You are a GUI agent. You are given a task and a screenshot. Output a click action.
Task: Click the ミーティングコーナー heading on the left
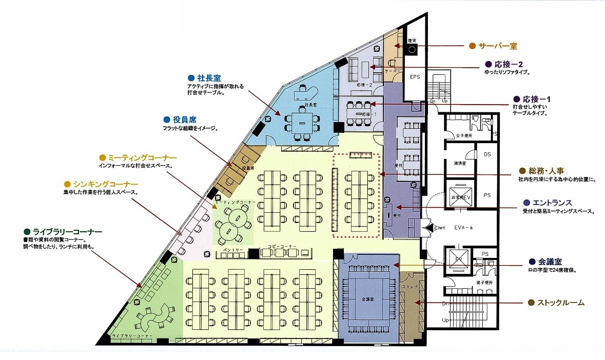[x=142, y=157]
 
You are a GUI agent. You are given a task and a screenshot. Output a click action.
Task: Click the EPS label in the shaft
[x=415, y=77]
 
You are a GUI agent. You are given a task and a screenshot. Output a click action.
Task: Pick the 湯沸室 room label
[x=459, y=163]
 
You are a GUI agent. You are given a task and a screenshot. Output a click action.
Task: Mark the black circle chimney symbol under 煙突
[x=412, y=50]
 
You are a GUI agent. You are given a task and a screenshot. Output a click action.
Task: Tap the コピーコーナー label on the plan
[x=282, y=247]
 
